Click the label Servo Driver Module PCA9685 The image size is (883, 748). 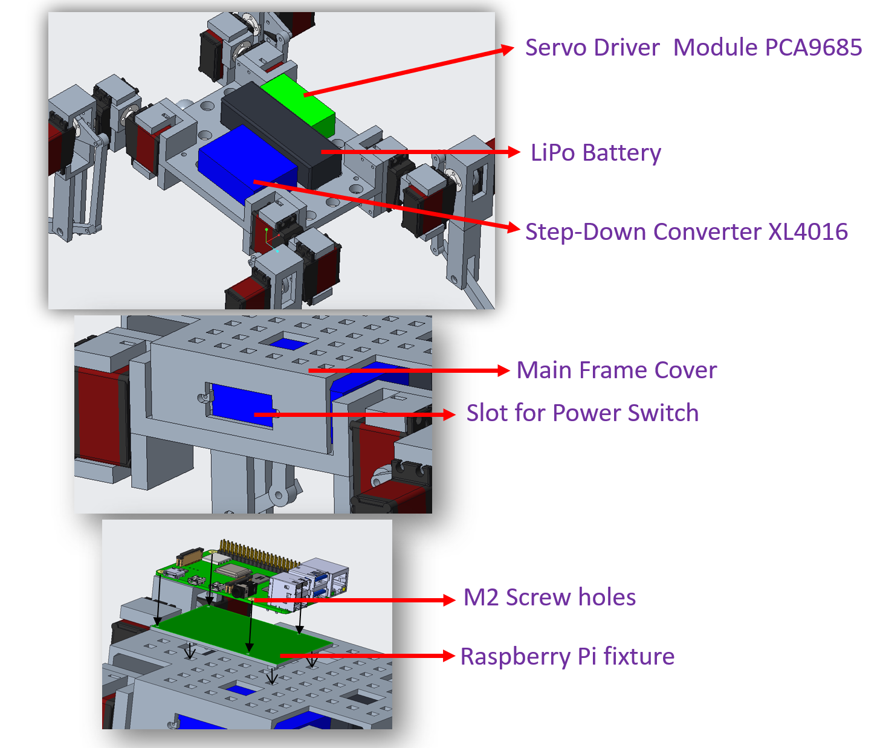[x=693, y=48]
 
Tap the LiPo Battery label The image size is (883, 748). [x=595, y=153]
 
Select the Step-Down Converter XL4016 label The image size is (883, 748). [x=686, y=232]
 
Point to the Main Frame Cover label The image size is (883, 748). [x=616, y=370]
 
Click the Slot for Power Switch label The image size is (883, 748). [x=582, y=413]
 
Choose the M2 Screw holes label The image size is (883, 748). [x=549, y=598]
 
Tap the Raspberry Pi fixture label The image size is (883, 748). [x=567, y=657]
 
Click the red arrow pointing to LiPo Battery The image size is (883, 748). [x=423, y=152]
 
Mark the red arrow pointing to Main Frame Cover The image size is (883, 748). [x=411, y=370]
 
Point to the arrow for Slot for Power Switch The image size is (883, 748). [x=357, y=414]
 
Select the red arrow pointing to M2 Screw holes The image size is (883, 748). [x=357, y=600]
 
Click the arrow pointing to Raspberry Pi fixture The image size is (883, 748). [x=369, y=656]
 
